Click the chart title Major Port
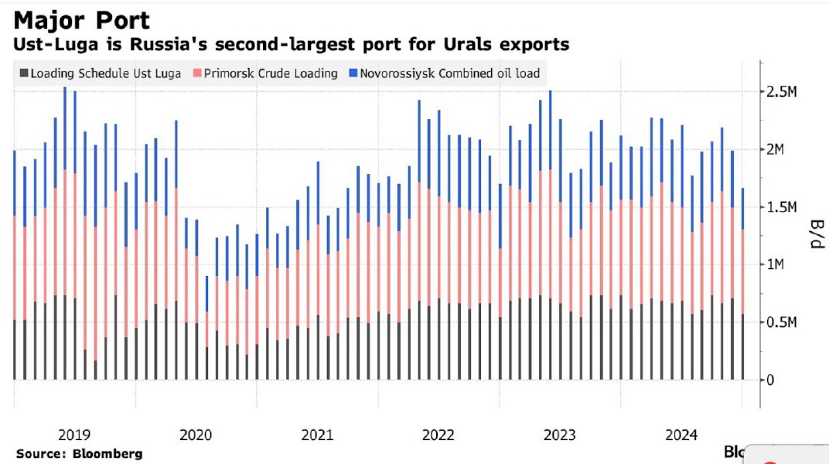tap(82, 19)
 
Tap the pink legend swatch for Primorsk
tap(199, 73)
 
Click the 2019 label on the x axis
tap(74, 435)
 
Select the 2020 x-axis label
tap(196, 435)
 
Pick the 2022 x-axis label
tap(438, 435)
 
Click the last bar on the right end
tap(743, 309)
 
